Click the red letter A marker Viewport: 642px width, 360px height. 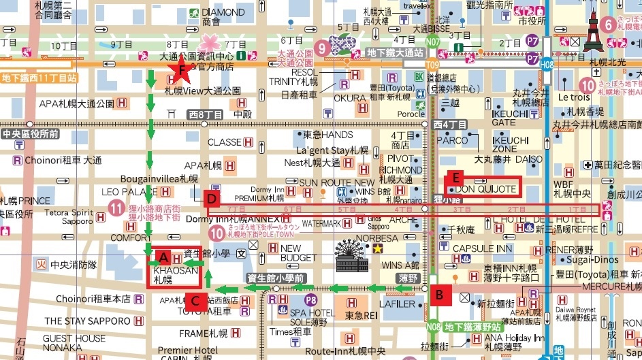[x=163, y=257]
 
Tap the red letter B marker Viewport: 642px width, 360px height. [x=440, y=295]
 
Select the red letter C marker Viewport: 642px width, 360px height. [x=195, y=300]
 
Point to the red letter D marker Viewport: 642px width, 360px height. [x=212, y=199]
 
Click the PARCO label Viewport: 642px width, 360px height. [x=451, y=141]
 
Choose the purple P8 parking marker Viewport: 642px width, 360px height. [x=311, y=299]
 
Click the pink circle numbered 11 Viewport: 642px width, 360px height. [x=117, y=208]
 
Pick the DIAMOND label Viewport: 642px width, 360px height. [x=223, y=13]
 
